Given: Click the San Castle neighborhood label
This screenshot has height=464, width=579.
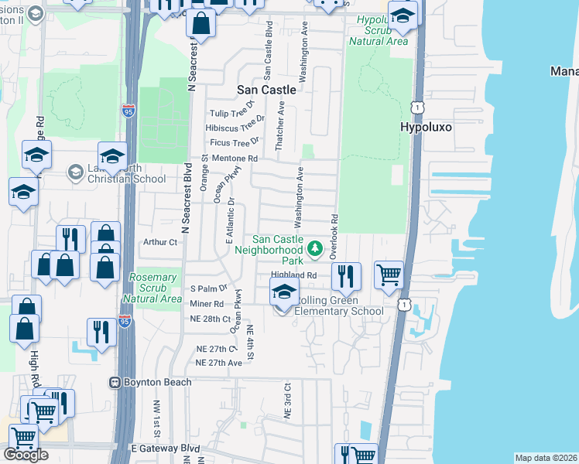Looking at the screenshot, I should click(x=266, y=90).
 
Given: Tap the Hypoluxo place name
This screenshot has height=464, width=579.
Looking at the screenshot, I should click(x=425, y=126).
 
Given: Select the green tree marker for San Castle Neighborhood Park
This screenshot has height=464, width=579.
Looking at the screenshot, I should click(x=314, y=248).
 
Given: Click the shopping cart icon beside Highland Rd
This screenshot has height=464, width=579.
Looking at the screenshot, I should click(x=389, y=275).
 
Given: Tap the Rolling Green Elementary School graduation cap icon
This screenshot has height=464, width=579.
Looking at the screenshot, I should click(x=284, y=292).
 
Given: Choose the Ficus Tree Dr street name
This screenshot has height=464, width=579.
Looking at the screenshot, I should click(x=235, y=142).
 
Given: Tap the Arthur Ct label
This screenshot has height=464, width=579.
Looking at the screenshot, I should click(x=161, y=242).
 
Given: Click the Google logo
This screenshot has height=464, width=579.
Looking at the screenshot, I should click(x=26, y=455).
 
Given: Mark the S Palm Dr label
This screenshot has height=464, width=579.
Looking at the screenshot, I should click(x=205, y=289).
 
